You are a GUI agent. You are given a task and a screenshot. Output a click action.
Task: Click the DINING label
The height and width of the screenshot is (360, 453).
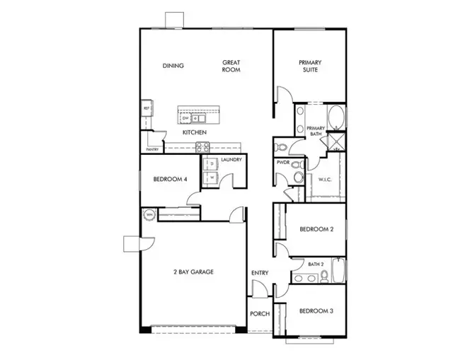[173, 66]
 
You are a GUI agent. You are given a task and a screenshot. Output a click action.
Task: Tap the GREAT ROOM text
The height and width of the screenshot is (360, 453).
[231, 66]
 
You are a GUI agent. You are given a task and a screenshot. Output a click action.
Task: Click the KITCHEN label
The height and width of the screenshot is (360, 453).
[194, 132]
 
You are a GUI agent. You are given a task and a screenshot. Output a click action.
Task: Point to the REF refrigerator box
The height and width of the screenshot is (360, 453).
[147, 108]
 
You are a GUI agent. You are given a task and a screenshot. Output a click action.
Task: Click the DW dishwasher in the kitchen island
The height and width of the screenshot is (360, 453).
[185, 118]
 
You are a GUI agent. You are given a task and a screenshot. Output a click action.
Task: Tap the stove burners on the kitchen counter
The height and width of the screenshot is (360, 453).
[202, 147]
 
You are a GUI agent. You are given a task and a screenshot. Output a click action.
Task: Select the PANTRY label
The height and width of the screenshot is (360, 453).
[151, 149]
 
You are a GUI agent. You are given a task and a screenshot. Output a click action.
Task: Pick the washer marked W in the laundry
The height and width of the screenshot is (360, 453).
[210, 178]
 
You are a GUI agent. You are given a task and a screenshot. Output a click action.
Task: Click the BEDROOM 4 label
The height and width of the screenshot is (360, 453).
[171, 180]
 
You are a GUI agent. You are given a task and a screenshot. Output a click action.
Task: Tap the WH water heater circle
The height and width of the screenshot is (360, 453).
[150, 214]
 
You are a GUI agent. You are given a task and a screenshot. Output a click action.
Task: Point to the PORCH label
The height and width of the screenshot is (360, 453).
[260, 314]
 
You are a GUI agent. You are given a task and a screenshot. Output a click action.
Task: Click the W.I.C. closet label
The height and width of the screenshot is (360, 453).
[326, 179]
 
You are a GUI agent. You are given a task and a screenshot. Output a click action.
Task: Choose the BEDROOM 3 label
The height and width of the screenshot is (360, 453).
[316, 310]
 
